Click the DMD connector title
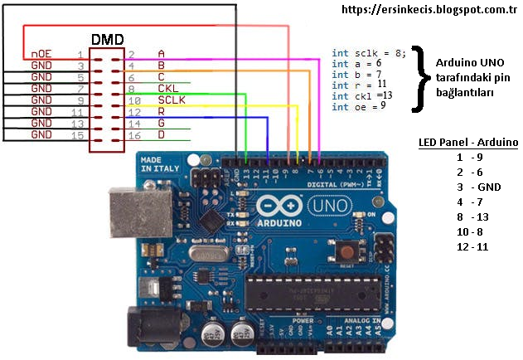tap(108, 39)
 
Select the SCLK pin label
tap(172, 100)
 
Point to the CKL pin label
tap(167, 88)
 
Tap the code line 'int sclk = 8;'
tap(369, 52)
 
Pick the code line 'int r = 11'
tap(360, 84)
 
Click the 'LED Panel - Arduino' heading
tap(468, 142)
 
